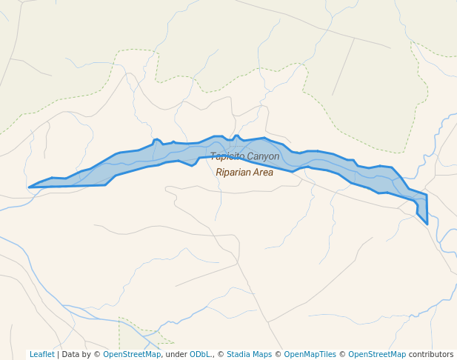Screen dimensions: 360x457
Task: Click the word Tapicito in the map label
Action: click(227, 156)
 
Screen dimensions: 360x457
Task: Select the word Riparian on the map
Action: click(233, 173)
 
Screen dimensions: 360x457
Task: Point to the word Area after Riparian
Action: click(262, 173)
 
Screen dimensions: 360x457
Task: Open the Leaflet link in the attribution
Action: click(41, 354)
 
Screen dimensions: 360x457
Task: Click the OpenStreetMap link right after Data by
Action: click(132, 354)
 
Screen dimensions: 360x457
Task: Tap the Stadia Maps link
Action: click(249, 354)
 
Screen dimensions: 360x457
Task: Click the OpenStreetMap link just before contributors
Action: click(377, 354)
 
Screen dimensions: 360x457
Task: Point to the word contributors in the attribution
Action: click(431, 354)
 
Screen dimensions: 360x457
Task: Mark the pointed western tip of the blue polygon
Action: click(29, 187)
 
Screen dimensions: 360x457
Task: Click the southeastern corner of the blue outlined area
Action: click(427, 224)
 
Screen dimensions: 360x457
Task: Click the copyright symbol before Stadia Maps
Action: click(221, 354)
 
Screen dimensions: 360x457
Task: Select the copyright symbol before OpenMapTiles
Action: click(278, 354)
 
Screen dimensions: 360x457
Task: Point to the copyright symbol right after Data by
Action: click(97, 354)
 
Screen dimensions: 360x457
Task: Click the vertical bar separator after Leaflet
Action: click(58, 354)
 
